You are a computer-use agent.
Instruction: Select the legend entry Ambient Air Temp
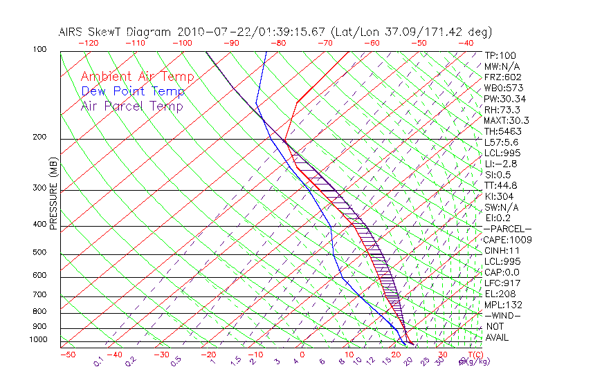click(137, 77)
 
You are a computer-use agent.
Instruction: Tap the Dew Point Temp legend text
click(132, 92)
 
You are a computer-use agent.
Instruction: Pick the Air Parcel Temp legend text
click(131, 106)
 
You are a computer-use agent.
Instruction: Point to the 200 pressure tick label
click(39, 137)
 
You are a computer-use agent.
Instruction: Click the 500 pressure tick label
click(39, 252)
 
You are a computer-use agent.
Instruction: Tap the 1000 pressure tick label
click(38, 339)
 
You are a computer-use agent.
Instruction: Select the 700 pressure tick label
click(39, 295)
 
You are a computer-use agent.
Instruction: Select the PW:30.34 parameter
click(504, 99)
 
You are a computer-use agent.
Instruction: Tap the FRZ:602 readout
click(503, 77)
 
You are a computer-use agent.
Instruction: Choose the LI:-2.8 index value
click(500, 164)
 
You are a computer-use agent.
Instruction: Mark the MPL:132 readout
click(503, 305)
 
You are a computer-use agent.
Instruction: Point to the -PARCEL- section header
click(507, 229)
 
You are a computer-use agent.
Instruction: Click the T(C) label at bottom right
click(474, 355)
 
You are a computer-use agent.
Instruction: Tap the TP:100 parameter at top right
click(500, 55)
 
